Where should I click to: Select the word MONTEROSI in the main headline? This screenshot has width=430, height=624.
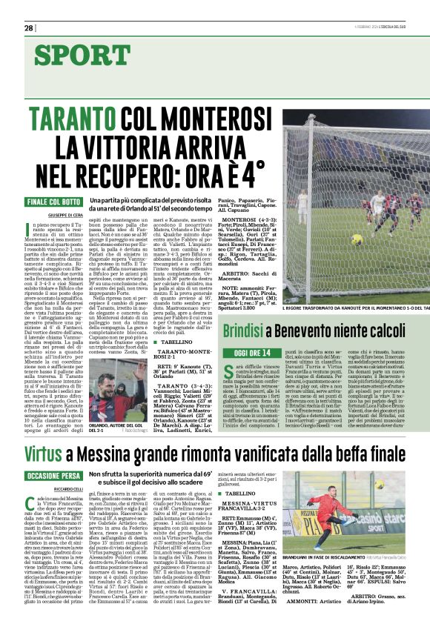220,117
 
